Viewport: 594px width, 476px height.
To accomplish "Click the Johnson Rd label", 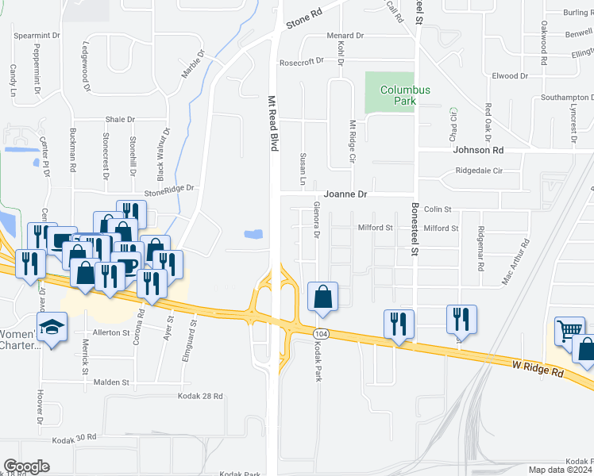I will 478,149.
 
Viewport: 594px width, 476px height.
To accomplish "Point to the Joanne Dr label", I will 345,194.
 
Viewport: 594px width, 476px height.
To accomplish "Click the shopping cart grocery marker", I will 569,329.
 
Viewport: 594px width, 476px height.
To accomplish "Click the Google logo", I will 26,466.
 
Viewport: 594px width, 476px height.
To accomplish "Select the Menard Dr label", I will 345,36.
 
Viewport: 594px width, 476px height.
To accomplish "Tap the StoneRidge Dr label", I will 169,189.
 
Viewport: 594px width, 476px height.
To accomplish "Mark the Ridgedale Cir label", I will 474,171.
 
